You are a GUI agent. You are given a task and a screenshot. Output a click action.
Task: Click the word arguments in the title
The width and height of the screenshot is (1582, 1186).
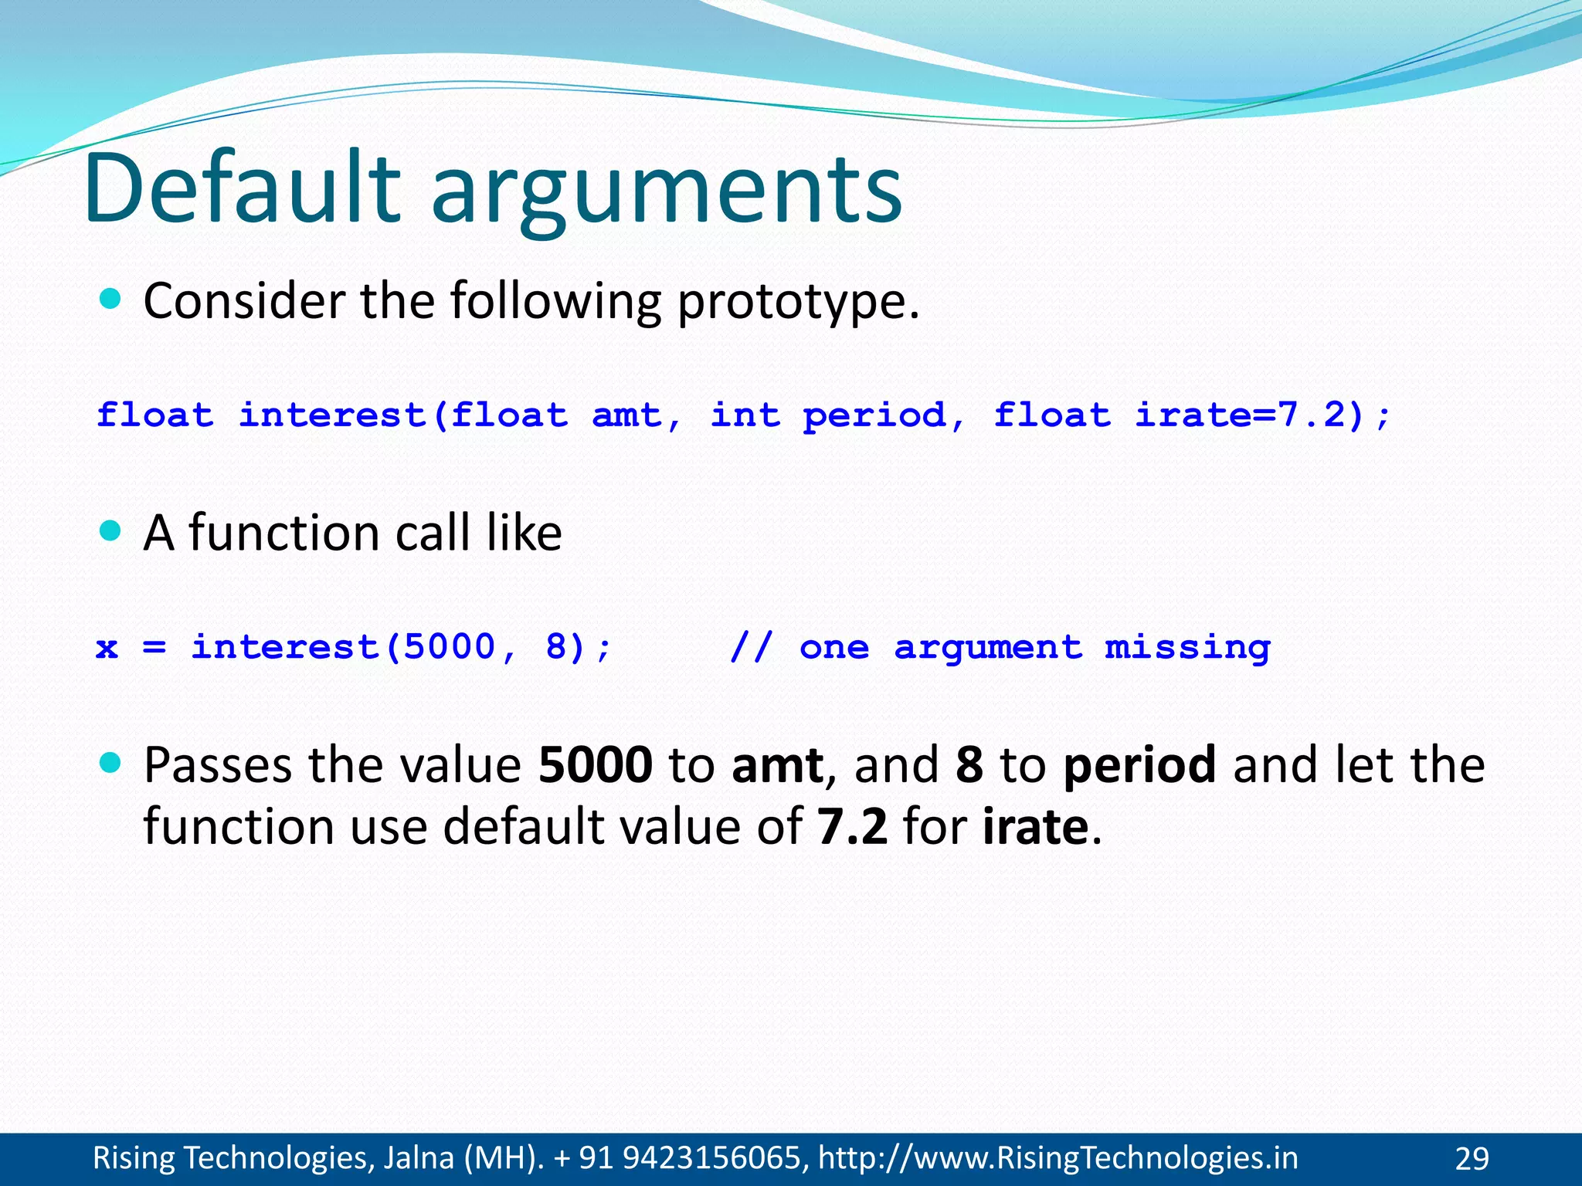(666, 193)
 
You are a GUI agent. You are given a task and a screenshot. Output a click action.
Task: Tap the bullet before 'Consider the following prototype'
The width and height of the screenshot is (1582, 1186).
(111, 299)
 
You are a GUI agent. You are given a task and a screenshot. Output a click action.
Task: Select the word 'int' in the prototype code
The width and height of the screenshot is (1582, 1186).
(745, 415)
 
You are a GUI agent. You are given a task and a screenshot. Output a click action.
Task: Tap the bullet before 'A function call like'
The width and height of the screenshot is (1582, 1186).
(111, 530)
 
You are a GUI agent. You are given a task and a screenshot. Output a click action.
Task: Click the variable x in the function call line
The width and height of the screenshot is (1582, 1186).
(107, 648)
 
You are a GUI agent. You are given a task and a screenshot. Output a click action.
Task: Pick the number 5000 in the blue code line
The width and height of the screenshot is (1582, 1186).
(450, 647)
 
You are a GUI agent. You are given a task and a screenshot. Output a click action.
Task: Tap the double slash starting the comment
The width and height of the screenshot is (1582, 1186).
(750, 647)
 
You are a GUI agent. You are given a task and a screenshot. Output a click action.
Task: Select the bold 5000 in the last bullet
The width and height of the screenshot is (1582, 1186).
(595, 765)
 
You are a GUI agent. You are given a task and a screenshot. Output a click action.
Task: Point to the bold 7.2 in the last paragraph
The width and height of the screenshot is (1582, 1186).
(852, 826)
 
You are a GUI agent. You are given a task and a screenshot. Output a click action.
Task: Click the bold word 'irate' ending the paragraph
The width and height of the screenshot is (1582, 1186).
(1035, 826)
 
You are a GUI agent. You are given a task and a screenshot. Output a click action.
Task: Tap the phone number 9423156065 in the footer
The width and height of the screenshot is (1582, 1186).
(711, 1158)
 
